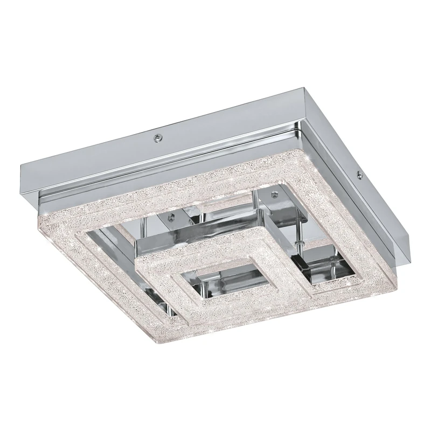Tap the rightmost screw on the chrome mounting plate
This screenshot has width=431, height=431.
pos(357,174)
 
